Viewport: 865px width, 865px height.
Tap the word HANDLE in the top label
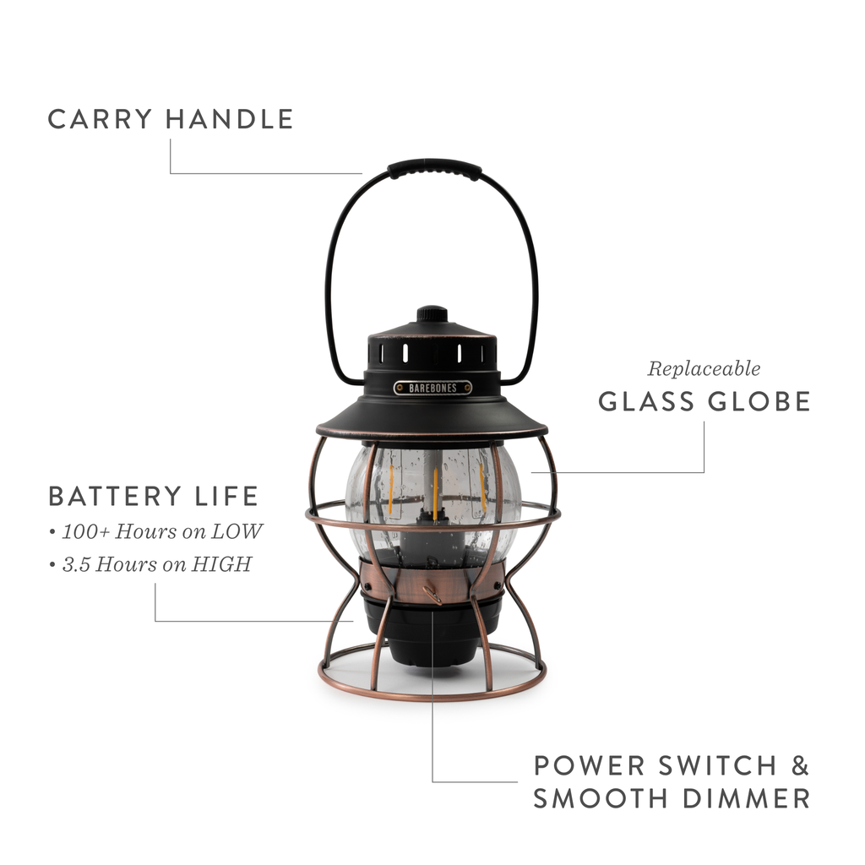click(229, 119)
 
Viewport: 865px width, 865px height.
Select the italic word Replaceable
click(704, 369)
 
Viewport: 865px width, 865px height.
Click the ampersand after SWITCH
click(799, 766)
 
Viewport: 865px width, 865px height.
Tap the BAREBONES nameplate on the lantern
click(432, 387)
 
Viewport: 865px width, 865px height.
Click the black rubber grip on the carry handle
click(434, 167)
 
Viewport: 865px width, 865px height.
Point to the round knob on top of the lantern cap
click(432, 313)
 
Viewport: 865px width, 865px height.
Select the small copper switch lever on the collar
click(432, 595)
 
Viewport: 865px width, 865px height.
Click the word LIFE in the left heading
click(226, 496)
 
